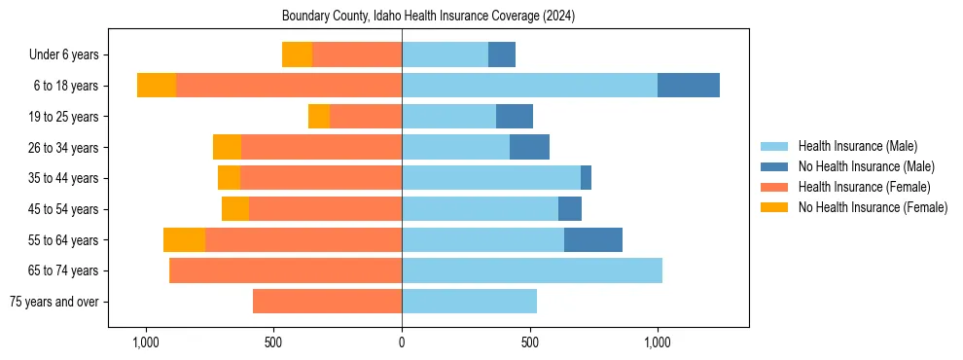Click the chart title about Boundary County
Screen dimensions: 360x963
(429, 17)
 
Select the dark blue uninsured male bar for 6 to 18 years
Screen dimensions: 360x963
(689, 86)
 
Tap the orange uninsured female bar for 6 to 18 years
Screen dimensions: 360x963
(157, 86)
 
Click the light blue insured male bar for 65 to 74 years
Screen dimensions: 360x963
(532, 270)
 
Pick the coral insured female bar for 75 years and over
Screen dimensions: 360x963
(327, 302)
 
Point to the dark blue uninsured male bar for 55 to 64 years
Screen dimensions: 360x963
(593, 239)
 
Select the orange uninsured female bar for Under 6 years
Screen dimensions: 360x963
(297, 54)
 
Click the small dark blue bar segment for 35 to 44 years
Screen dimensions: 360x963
(586, 178)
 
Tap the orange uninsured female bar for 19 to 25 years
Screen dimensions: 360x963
(319, 117)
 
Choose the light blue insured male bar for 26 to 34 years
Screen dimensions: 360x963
(455, 147)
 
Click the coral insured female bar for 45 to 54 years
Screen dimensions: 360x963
(325, 209)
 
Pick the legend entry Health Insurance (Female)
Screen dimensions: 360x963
(859, 187)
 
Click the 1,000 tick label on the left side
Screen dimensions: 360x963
(145, 342)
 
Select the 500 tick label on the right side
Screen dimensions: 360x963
(529, 342)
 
